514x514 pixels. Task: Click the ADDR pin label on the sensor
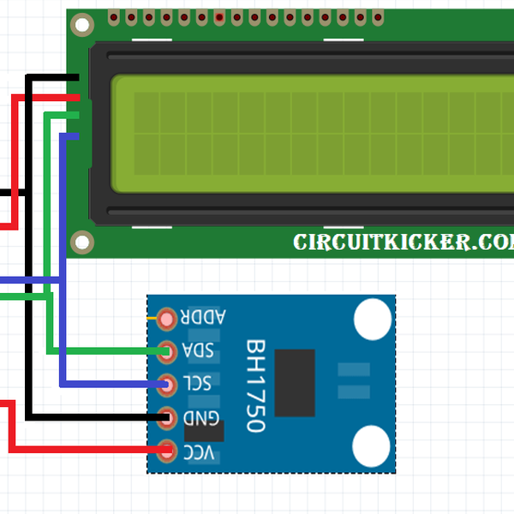click(203, 318)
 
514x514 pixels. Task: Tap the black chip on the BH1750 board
click(295, 382)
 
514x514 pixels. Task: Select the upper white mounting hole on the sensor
click(374, 319)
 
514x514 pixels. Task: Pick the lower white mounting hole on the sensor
click(374, 445)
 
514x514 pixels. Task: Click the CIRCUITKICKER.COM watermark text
click(403, 242)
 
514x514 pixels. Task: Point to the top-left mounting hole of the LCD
click(81, 26)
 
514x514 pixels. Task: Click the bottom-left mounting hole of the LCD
click(81, 242)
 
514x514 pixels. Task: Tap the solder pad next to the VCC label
click(168, 449)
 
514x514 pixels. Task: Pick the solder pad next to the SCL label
click(168, 384)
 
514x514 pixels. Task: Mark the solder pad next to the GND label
click(168, 417)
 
